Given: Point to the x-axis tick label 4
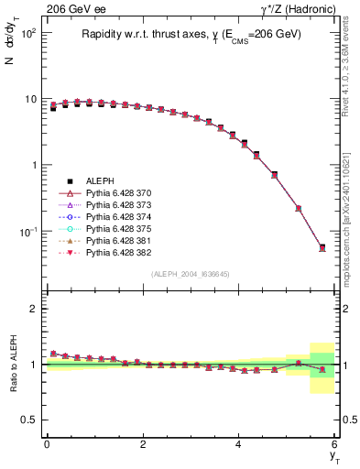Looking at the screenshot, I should click(x=239, y=443).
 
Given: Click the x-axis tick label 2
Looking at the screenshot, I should click(x=143, y=443).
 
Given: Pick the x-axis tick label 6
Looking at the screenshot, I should click(x=335, y=443).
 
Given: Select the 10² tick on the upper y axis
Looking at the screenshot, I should click(x=29, y=33).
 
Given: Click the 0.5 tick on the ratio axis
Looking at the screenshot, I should click(x=31, y=420).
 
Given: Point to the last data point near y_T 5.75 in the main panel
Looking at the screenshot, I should click(x=322, y=247).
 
